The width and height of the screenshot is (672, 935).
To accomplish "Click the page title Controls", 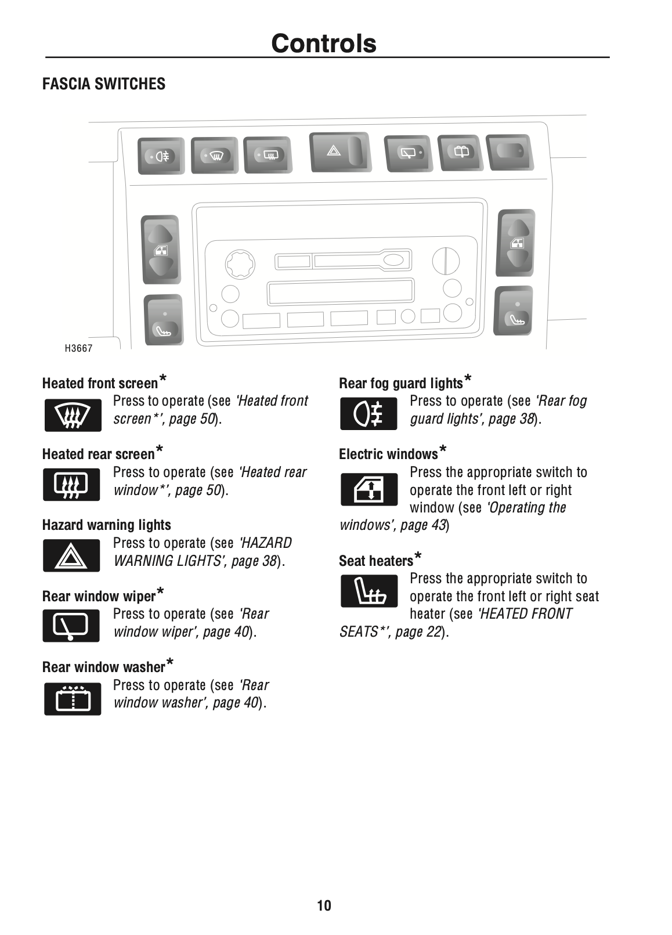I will click(323, 44).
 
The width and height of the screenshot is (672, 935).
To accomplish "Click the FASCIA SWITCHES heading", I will click(103, 84).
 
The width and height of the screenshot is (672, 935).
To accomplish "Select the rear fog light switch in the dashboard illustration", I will click(161, 156).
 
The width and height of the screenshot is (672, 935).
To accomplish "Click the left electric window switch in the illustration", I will click(160, 250).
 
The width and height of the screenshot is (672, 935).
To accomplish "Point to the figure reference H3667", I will click(78, 348).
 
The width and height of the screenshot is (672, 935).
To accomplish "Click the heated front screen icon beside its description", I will click(73, 415).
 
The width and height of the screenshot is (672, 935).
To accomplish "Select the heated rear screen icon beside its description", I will click(71, 485).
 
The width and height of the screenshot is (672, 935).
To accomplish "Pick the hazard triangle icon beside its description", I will click(71, 556).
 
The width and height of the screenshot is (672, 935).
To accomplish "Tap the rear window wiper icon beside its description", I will click(71, 626).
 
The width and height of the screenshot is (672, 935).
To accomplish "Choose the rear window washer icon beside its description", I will click(73, 698).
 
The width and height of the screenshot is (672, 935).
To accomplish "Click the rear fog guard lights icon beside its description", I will click(368, 414).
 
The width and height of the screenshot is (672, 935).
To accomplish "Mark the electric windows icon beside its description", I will click(368, 489).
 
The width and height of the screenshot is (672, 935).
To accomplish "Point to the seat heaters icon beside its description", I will click(368, 591).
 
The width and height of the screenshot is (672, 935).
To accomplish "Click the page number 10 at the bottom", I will click(324, 905).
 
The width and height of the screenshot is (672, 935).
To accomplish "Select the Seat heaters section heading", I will click(376, 561).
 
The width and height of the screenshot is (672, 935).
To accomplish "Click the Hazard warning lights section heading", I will click(106, 525).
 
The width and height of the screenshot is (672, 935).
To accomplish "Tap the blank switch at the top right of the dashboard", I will click(509, 151).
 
